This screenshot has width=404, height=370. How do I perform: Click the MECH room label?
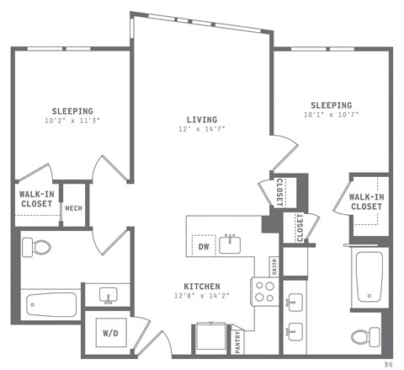[73, 208]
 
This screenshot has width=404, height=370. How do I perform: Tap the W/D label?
[110, 332]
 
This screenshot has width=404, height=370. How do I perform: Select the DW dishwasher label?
[203, 246]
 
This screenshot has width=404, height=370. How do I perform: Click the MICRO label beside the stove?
[275, 265]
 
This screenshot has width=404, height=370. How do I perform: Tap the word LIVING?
[203, 120]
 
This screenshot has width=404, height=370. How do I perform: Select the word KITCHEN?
[203, 285]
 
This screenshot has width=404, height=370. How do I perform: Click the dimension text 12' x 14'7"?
[203, 131]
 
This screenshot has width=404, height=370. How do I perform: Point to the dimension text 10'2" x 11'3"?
[72, 121]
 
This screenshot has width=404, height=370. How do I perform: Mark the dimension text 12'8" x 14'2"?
[203, 296]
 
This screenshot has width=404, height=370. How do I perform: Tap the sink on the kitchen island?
[230, 244]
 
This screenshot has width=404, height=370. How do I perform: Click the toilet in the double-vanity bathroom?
[363, 337]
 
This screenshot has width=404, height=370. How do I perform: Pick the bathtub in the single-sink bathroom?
[50, 303]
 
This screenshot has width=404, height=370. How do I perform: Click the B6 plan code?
[388, 363]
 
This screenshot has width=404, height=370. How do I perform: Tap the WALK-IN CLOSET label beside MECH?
[36, 199]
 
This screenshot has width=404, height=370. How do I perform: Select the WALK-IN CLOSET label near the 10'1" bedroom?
[366, 201]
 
